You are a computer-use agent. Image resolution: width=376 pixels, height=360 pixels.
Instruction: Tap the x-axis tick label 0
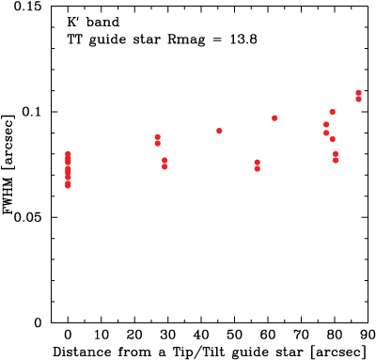tap(68, 336)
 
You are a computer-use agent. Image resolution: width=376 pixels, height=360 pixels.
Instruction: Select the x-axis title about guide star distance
tap(206, 352)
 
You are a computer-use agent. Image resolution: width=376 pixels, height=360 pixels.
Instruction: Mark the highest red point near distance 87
tap(359, 93)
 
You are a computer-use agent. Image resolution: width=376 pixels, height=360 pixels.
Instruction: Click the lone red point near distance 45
tap(219, 131)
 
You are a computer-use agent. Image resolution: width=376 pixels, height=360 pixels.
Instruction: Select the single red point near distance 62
tap(274, 118)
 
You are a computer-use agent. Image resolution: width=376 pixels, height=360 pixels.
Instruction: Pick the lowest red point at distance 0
tap(68, 185)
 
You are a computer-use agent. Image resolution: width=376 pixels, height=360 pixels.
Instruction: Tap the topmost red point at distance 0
tap(68, 154)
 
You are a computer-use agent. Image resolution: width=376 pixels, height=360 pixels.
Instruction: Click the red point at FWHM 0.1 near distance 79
tap(333, 112)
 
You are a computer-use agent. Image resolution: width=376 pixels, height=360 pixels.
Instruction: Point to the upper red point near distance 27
tap(158, 137)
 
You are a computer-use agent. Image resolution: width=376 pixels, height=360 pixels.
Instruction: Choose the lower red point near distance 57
tap(258, 168)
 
